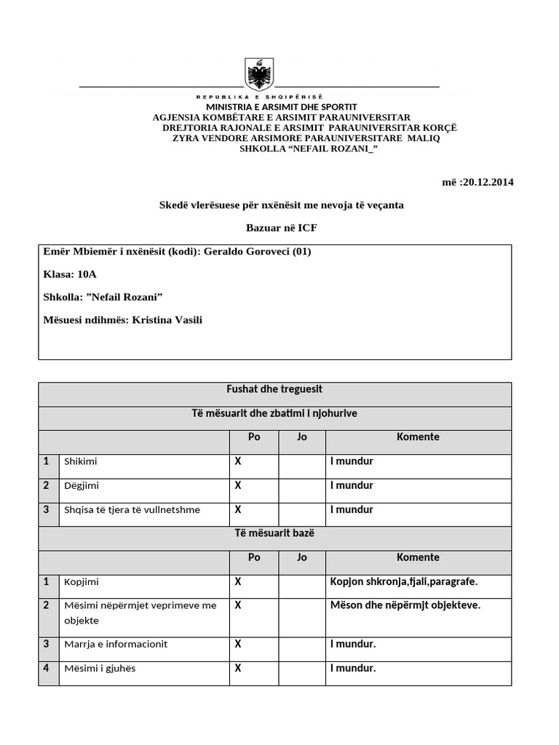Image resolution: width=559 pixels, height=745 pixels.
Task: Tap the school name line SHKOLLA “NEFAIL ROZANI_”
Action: point(309,148)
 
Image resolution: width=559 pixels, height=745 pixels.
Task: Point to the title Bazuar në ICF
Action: point(281,228)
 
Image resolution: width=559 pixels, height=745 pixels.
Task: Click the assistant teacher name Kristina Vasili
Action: point(167,319)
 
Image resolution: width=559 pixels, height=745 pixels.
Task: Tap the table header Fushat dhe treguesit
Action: point(275,390)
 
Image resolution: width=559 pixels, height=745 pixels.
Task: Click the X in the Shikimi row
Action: point(238,461)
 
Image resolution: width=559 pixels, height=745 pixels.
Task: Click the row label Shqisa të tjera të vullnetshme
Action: point(132,510)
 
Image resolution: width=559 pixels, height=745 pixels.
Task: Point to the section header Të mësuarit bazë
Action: point(275,533)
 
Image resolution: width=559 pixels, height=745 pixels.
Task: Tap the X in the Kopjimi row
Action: point(238,581)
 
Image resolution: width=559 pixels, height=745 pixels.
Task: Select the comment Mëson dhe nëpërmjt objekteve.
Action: point(405,605)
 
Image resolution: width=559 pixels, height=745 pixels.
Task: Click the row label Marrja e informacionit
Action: point(115,644)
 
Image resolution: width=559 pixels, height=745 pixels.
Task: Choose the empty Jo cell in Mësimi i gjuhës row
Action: point(301,669)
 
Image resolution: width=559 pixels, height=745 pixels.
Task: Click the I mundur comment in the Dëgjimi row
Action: point(352,485)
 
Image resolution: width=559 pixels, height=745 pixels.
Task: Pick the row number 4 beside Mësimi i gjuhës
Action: point(46,668)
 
